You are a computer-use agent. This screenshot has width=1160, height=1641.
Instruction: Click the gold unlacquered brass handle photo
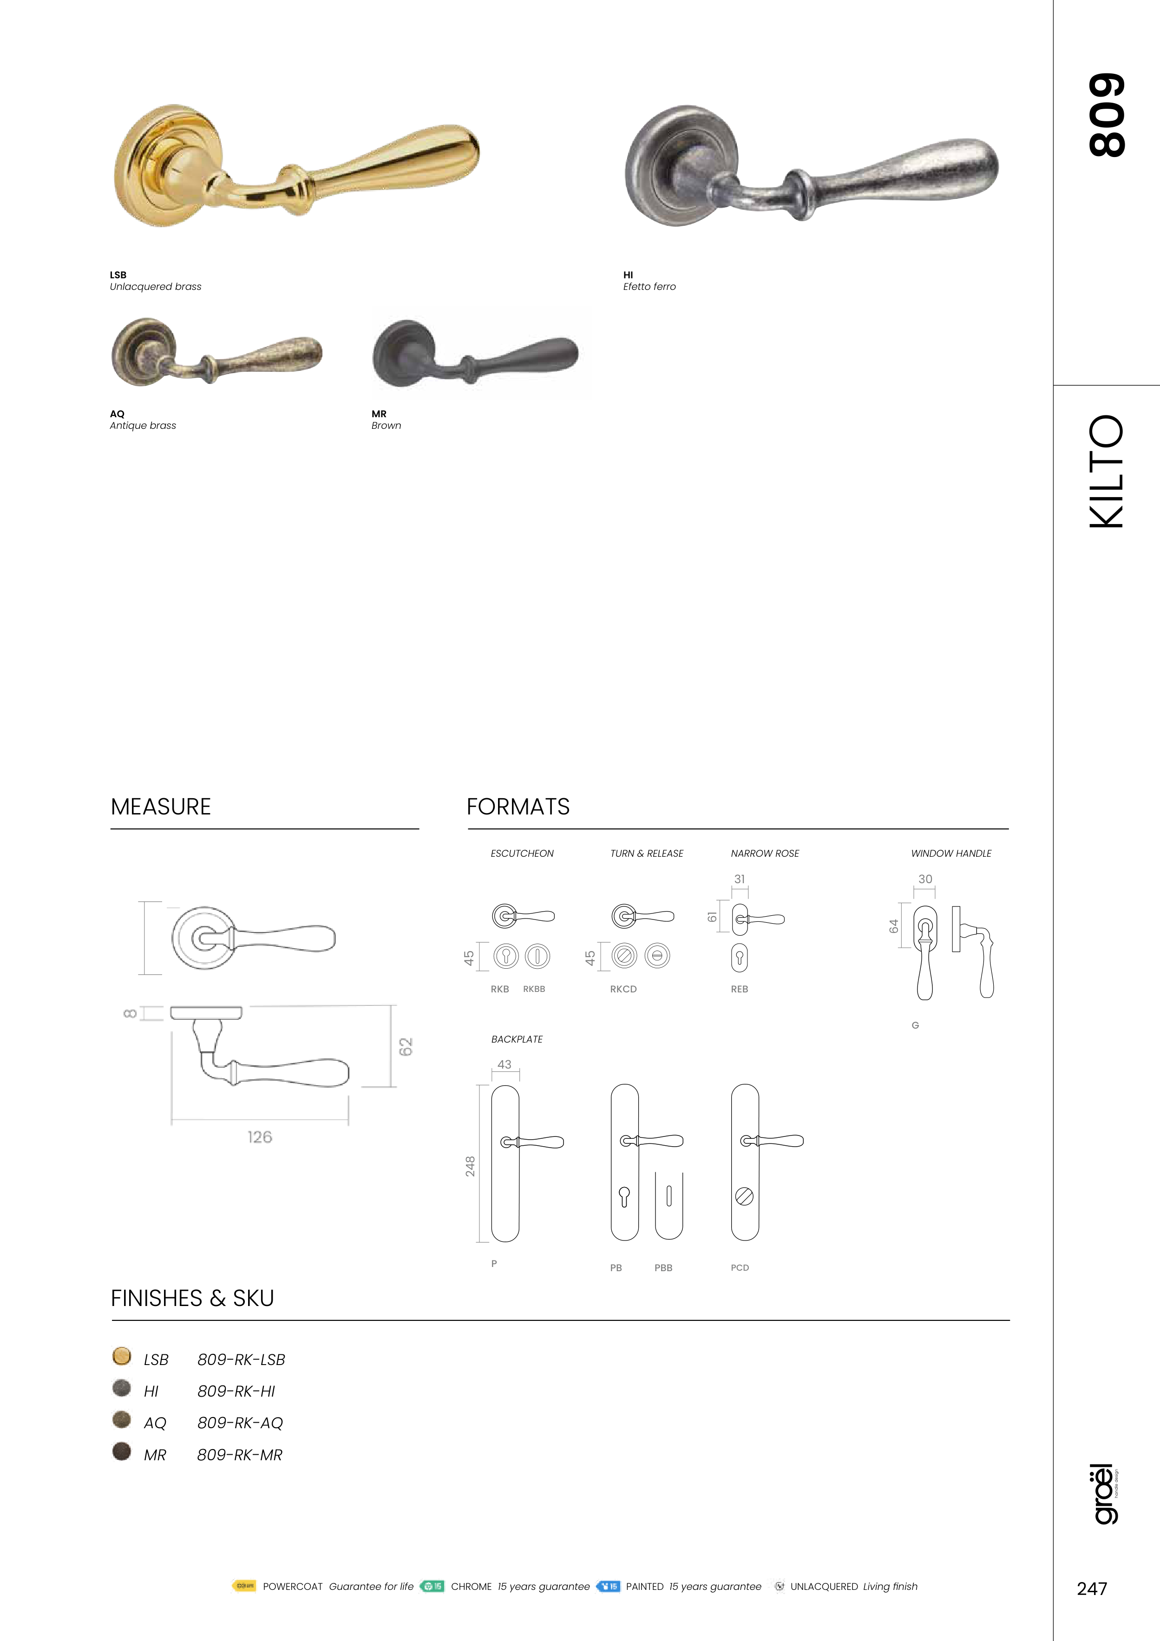[296, 166]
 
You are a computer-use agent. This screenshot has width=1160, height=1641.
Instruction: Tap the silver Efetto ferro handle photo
[811, 166]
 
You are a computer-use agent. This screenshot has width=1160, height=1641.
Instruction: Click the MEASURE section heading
[161, 807]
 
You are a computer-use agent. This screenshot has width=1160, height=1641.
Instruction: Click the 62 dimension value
[406, 1047]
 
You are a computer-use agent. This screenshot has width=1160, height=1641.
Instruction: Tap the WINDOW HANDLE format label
[951, 853]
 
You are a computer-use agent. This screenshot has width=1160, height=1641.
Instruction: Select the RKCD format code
[623, 989]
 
